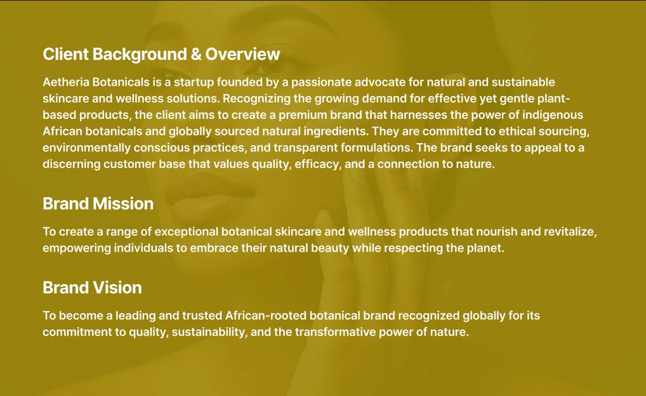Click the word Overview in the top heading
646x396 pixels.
(x=242, y=54)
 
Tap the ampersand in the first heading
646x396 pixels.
(x=197, y=54)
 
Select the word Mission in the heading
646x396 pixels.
(x=123, y=203)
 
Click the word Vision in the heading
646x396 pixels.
(x=117, y=287)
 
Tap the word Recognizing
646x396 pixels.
(x=255, y=99)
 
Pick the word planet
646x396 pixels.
(x=485, y=248)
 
